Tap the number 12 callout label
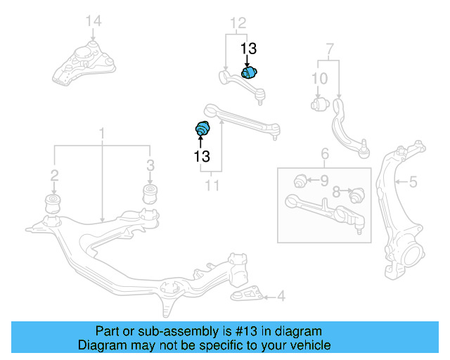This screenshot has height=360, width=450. (238, 23)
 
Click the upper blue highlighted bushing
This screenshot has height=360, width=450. (250, 72)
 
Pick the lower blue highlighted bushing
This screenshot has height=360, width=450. (202, 129)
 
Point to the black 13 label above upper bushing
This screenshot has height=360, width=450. (249, 49)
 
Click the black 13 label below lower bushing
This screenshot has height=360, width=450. (202, 156)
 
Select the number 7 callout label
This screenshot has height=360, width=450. (328, 50)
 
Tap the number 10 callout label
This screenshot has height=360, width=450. (319, 78)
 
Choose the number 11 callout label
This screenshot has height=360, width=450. (212, 186)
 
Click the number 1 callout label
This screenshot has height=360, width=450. (102, 133)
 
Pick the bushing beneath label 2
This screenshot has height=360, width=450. (53, 203)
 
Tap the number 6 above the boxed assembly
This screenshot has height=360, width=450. (325, 154)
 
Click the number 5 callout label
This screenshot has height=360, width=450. (413, 182)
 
